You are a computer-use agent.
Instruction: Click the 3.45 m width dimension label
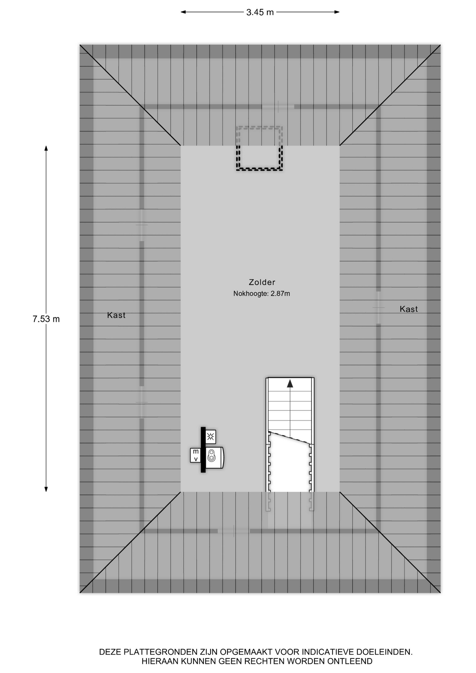(x=260, y=12)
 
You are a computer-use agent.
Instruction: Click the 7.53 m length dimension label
(x=46, y=319)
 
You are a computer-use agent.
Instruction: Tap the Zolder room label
(x=262, y=282)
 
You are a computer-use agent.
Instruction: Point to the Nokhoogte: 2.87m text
(x=261, y=294)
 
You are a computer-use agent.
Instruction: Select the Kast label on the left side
(x=116, y=315)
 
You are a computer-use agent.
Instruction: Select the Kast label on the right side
(x=409, y=309)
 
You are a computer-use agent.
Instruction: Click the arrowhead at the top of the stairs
(x=290, y=384)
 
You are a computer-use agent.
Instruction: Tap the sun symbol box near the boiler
(x=210, y=437)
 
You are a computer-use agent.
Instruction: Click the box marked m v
(x=196, y=455)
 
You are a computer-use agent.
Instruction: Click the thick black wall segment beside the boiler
(x=203, y=450)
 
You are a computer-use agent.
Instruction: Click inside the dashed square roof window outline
(x=259, y=149)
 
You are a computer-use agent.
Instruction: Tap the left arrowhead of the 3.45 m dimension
(x=183, y=12)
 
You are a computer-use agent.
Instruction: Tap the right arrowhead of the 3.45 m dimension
(x=337, y=12)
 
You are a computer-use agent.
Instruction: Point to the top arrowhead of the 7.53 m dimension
(x=46, y=148)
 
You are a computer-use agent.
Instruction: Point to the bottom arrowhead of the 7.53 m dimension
(x=46, y=489)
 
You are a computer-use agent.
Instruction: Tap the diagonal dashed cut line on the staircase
(x=290, y=437)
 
